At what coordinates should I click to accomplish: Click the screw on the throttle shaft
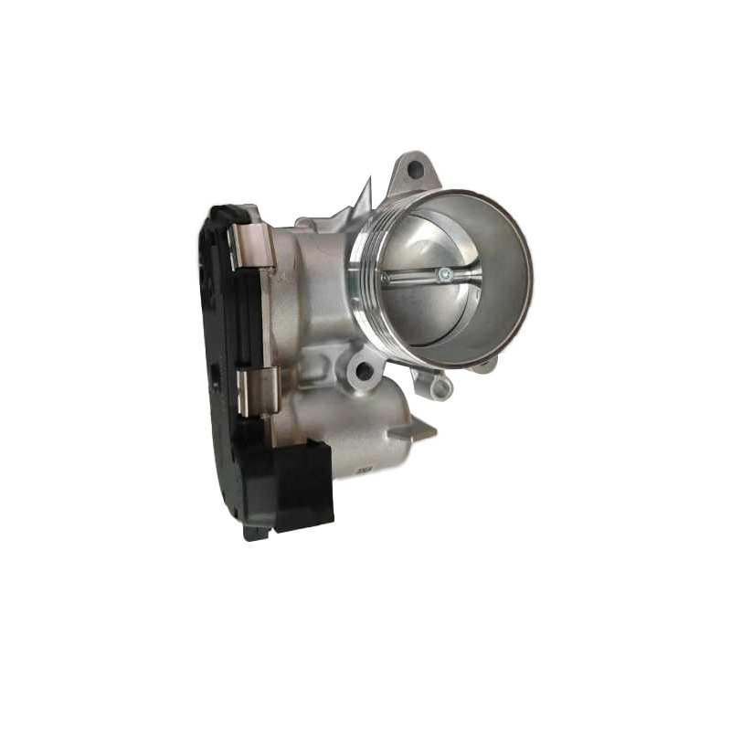click(441, 271)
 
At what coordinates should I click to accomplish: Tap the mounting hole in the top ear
click(414, 169)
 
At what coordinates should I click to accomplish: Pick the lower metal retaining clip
click(255, 390)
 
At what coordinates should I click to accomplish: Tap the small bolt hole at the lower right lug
click(442, 389)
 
